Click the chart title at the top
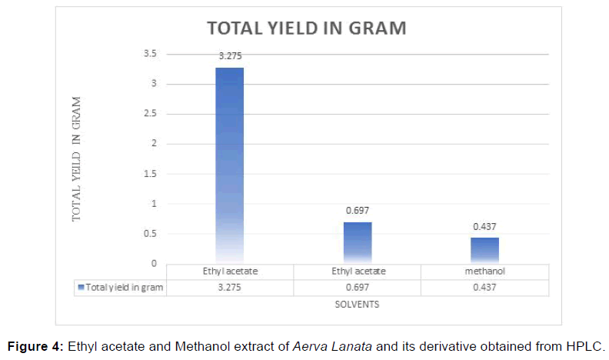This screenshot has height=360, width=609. pyautogui.click(x=306, y=28)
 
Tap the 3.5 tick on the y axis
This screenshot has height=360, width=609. pyautogui.click(x=149, y=54)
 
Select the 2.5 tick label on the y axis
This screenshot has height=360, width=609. pyautogui.click(x=149, y=114)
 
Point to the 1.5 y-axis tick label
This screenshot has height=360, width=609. pyautogui.click(x=149, y=174)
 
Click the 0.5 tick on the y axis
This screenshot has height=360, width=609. pyautogui.click(x=149, y=234)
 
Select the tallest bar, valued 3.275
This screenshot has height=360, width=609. pyautogui.click(x=229, y=165)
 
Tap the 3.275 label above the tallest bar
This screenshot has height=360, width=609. pyautogui.click(x=229, y=55)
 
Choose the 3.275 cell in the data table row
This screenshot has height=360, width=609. pyautogui.click(x=229, y=287)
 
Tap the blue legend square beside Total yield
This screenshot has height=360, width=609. pyautogui.click(x=81, y=287)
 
